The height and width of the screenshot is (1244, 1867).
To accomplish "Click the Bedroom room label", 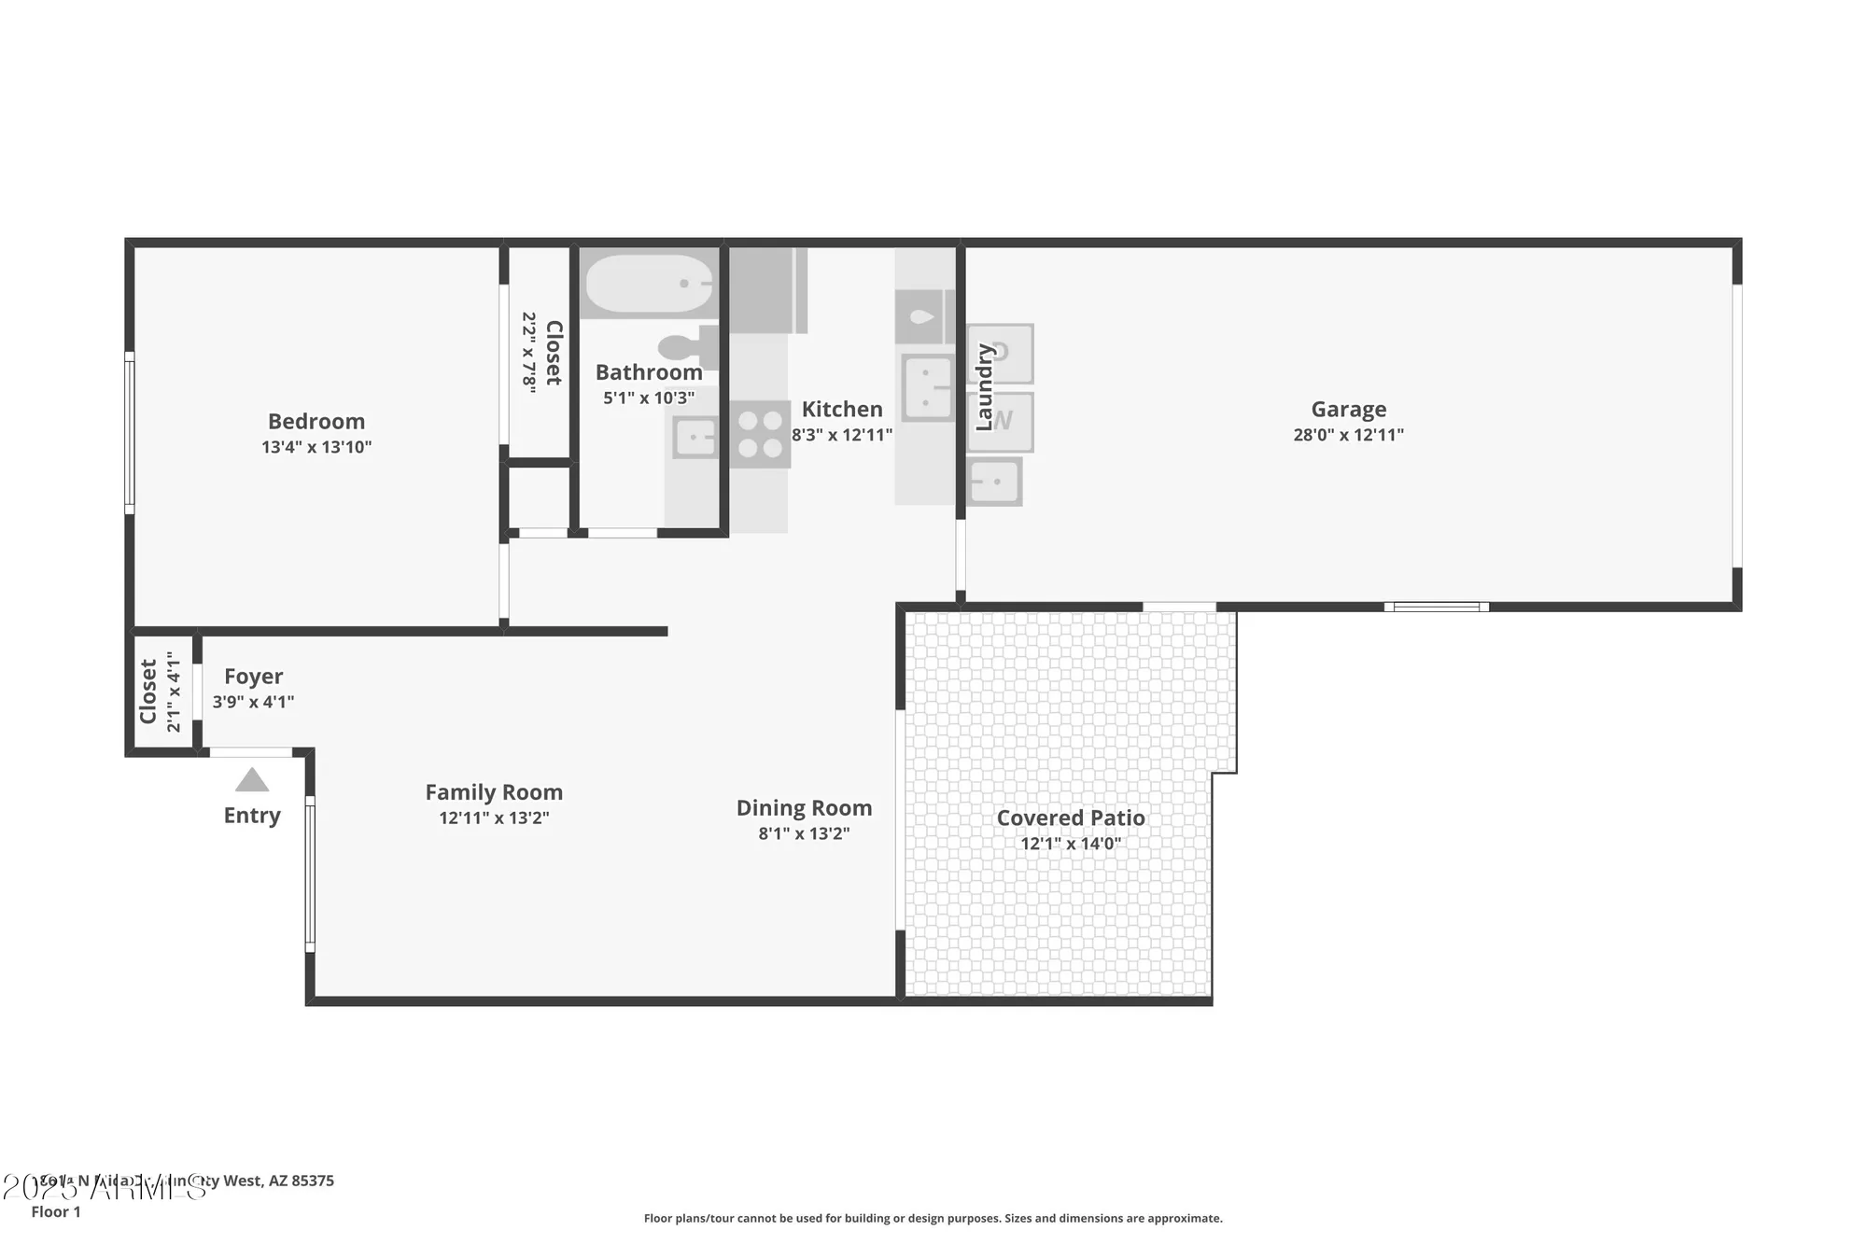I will pos(316,422).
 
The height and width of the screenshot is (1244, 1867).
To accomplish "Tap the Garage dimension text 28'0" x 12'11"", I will pos(1348,435).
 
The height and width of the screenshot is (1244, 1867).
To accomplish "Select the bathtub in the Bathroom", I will pos(650,284).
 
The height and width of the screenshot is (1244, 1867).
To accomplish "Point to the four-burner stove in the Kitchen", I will pos(760,435).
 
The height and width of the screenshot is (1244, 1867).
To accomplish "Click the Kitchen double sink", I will pos(927,387).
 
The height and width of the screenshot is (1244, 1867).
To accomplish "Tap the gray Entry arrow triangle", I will pos(252,780).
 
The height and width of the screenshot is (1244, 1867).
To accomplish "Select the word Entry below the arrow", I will pos(252,816).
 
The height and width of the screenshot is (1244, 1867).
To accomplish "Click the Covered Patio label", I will pos(1071,818).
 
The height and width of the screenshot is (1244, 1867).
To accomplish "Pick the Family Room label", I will pos(494,792).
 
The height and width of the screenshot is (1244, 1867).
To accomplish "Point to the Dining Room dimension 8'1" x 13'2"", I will pos(804,834).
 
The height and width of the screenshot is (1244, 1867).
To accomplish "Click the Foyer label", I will pos(253,677).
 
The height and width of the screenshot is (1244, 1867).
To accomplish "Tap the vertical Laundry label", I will pos(984,387).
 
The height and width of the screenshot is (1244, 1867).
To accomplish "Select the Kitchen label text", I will pos(842,410).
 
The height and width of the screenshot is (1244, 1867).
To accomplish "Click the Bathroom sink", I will pos(695,438).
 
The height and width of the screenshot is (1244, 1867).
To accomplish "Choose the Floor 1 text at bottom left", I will pos(56,1212).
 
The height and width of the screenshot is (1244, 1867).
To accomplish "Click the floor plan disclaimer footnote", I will pos(933,1219).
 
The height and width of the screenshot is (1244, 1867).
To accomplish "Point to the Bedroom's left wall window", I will pos(130,433).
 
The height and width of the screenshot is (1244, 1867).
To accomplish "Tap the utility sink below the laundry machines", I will pos(994,482).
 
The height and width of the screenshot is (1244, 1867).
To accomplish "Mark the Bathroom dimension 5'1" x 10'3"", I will pos(649,398).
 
